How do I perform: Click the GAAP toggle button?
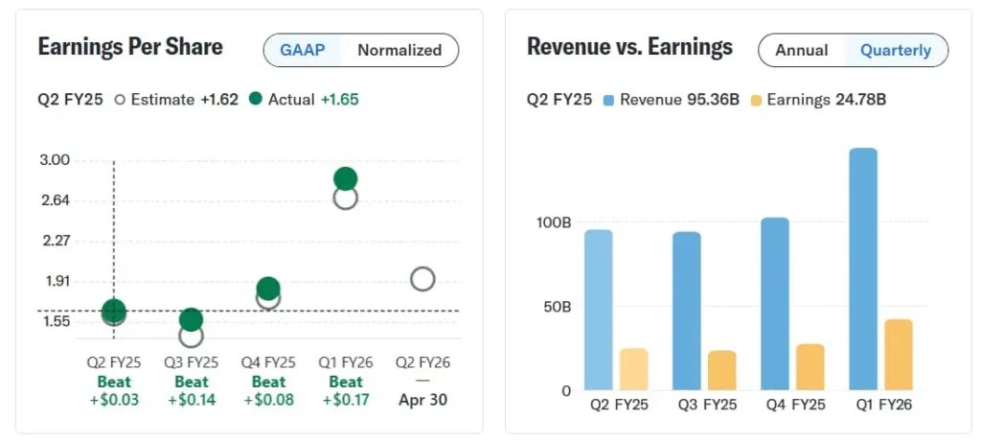pyautogui.click(x=301, y=51)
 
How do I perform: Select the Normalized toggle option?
pyautogui.click(x=399, y=51)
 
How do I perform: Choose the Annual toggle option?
pyautogui.click(x=802, y=51)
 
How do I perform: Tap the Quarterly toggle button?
pyautogui.click(x=896, y=51)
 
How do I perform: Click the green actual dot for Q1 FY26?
pyautogui.click(x=346, y=178)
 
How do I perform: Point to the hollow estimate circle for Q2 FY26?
pyautogui.click(x=422, y=279)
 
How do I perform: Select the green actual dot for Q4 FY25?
pyautogui.click(x=268, y=288)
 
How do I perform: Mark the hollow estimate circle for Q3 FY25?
pyautogui.click(x=192, y=335)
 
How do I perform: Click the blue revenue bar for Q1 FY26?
pyautogui.click(x=863, y=269)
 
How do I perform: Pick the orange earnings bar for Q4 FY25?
pyautogui.click(x=810, y=367)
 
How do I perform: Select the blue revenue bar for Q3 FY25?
pyautogui.click(x=687, y=311)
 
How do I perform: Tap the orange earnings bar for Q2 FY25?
pyautogui.click(x=633, y=369)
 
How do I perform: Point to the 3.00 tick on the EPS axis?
pyautogui.click(x=56, y=160)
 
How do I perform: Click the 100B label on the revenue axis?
pyautogui.click(x=554, y=222)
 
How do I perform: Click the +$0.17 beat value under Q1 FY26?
pyautogui.click(x=346, y=400)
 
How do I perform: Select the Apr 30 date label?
pyautogui.click(x=423, y=400)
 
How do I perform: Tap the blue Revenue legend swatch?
pyautogui.click(x=608, y=99)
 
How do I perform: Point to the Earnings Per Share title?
pyautogui.click(x=130, y=47)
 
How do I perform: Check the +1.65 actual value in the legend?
pyautogui.click(x=340, y=99)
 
